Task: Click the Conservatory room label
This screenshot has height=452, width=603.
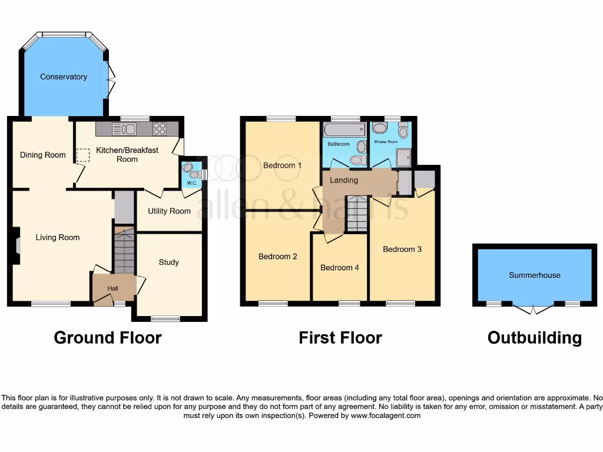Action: point(64,77)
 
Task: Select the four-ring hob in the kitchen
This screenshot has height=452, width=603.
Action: point(160,128)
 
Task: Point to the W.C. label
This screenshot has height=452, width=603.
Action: point(192,183)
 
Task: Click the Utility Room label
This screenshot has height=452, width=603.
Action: point(169,211)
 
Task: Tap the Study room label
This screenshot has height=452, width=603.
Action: point(169,262)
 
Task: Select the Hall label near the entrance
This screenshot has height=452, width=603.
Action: point(112,288)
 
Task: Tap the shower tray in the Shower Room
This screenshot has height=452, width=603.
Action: point(404,157)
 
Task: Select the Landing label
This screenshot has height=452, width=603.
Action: point(344,180)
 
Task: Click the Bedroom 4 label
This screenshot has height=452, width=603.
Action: point(339,267)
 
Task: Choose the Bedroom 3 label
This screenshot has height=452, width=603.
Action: point(402,249)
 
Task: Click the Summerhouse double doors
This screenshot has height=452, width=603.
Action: point(533,309)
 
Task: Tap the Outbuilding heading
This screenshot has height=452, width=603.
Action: point(534,338)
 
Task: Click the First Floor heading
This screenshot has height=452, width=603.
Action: point(340,338)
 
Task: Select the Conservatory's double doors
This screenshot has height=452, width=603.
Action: point(111,79)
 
